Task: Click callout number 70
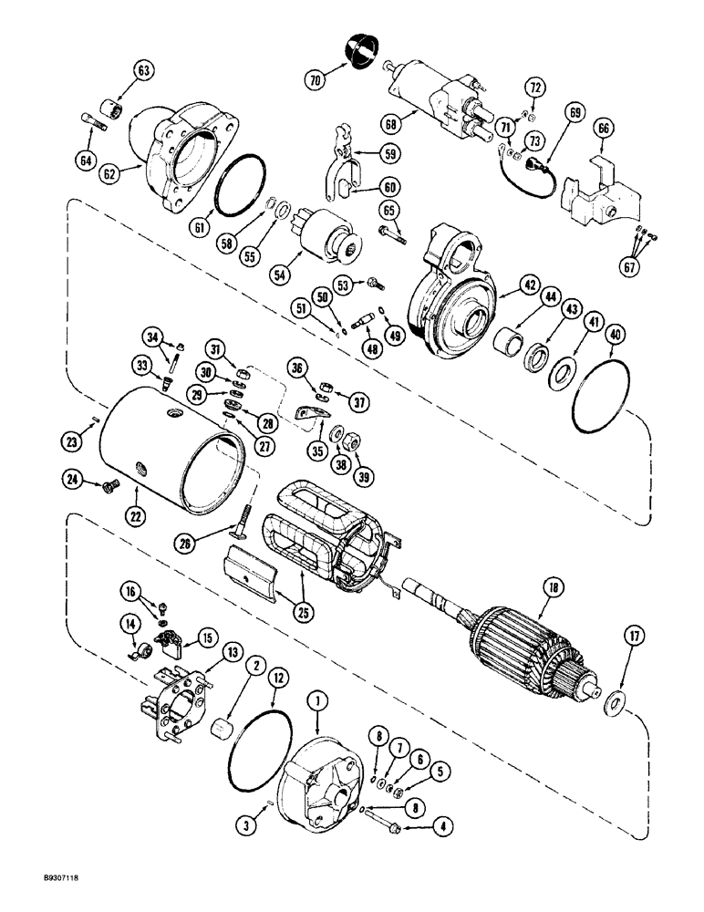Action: (316, 80)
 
